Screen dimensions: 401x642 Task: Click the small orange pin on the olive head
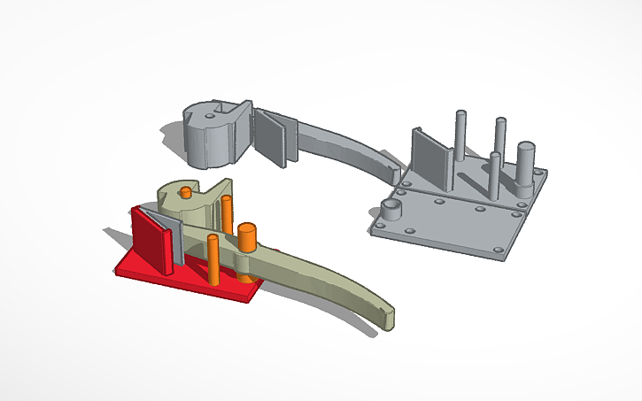coord(185,191)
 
